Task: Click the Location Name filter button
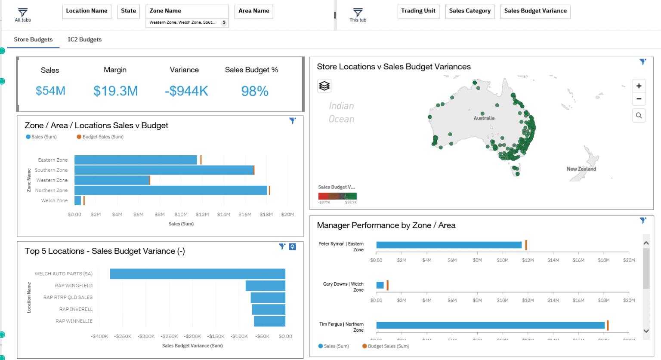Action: pos(86,11)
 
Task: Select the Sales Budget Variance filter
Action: pos(535,11)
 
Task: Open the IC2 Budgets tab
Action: pos(85,40)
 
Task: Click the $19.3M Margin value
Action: pos(115,91)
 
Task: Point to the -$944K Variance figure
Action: pos(186,91)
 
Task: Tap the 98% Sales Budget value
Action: pos(255,91)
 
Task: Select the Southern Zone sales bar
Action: pos(164,170)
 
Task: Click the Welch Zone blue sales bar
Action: pos(77,201)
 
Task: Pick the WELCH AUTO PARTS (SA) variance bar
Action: pos(197,274)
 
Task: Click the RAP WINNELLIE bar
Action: pos(269,321)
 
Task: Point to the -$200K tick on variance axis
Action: pos(192,336)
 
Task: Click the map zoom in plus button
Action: pos(639,86)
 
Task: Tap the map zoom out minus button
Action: pos(639,99)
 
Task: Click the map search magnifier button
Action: pos(639,115)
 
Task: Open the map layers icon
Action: pos(324,86)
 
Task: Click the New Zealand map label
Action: pos(581,169)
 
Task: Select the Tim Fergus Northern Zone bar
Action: pos(490,326)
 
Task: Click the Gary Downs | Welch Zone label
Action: pos(343,287)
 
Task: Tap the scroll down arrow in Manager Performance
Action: pos(646,331)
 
